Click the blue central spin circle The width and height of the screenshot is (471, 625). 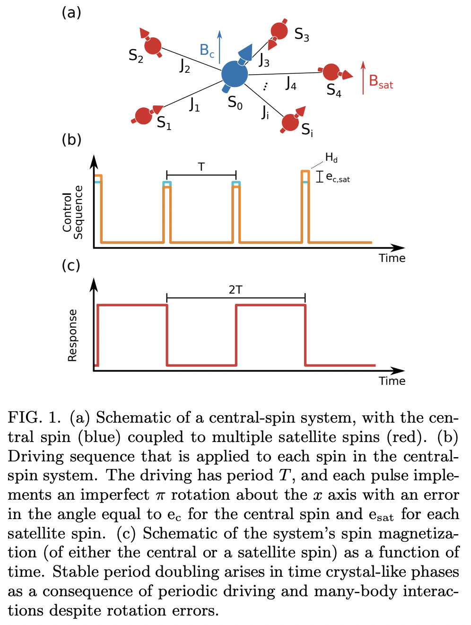pos(235,74)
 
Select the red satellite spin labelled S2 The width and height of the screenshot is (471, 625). pos(153,46)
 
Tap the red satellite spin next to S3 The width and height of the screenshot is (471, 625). pos(279,31)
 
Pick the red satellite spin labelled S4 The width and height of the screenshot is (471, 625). pos(331,72)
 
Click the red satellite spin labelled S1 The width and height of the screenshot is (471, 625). pos(143,116)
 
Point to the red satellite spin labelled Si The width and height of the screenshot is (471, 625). pos(290,122)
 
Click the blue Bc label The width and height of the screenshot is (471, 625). pos(207,50)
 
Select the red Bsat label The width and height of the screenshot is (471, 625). pos(381,82)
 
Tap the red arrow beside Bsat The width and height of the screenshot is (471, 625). pos(363,78)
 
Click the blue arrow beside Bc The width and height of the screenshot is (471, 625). pos(219,47)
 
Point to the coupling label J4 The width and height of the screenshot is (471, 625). pos(291,84)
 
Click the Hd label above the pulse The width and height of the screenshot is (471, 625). pos(331,158)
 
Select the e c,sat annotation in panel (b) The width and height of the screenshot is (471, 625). pos(338,178)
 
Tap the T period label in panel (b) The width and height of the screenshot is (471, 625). pos(201,167)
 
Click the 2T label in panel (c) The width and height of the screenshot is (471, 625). pos(235,290)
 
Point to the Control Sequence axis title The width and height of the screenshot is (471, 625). pos(72,212)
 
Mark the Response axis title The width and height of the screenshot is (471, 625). pos(72,335)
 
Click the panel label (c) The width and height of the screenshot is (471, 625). pos(71,265)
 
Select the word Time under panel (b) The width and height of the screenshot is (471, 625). pos(392,258)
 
